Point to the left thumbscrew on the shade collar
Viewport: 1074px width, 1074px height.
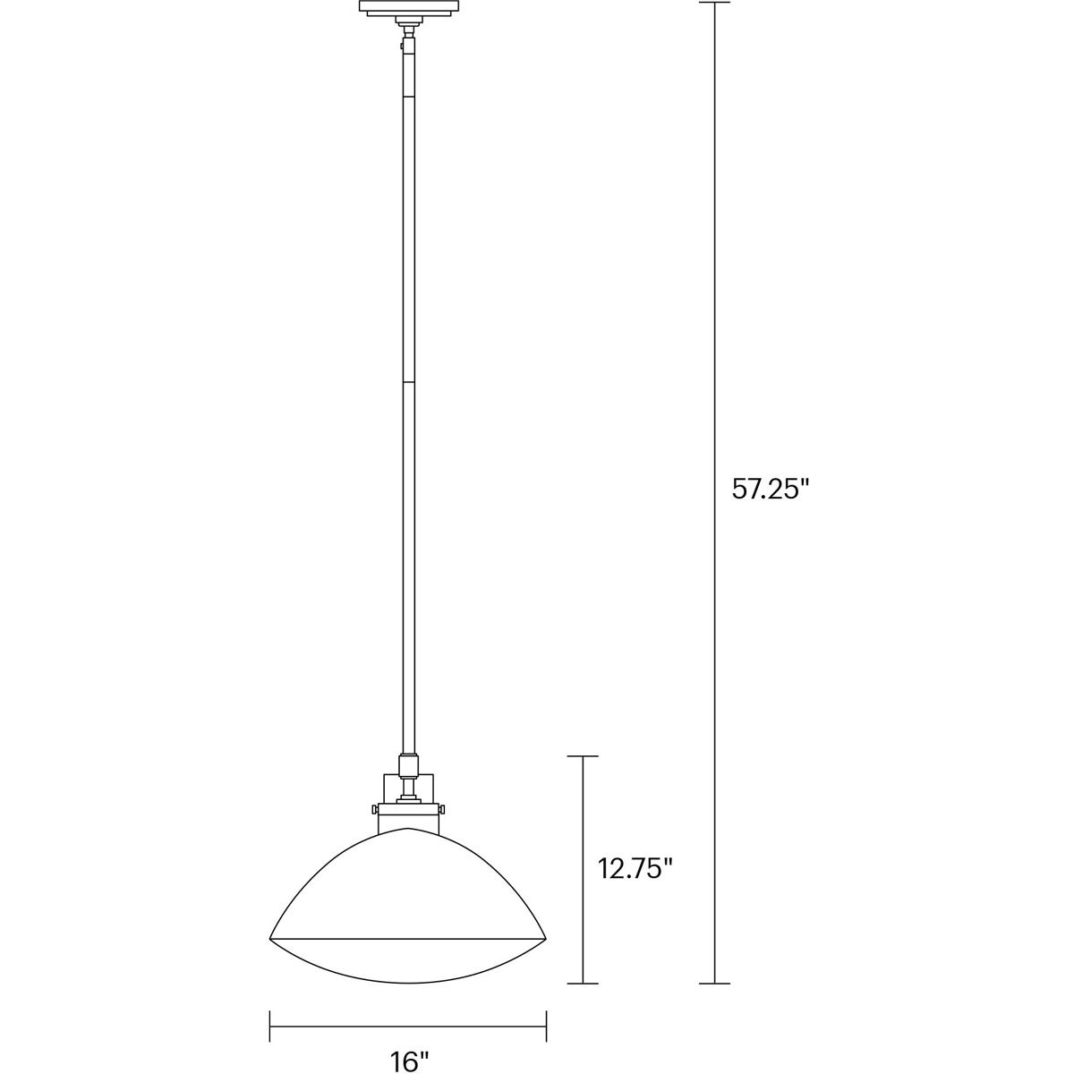tap(374, 809)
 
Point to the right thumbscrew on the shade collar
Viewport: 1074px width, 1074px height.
tap(442, 809)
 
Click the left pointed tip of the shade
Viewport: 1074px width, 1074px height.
tap(270, 937)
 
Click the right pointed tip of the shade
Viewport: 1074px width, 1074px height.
tap(546, 937)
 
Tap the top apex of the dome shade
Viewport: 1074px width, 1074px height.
tap(408, 829)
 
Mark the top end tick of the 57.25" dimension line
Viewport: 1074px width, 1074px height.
tap(714, 3)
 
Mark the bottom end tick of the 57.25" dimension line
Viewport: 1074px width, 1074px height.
tap(714, 984)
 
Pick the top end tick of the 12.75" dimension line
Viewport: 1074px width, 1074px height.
tap(584, 756)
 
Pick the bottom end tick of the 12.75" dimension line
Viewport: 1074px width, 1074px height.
tap(584, 984)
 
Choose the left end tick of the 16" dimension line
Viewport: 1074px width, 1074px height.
tap(270, 1019)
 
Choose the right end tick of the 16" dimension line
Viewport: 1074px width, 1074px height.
tap(546, 1019)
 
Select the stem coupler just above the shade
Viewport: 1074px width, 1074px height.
tap(408, 766)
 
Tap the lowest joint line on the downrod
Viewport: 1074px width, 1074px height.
tap(408, 383)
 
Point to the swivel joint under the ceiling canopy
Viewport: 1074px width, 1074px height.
tap(408, 34)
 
